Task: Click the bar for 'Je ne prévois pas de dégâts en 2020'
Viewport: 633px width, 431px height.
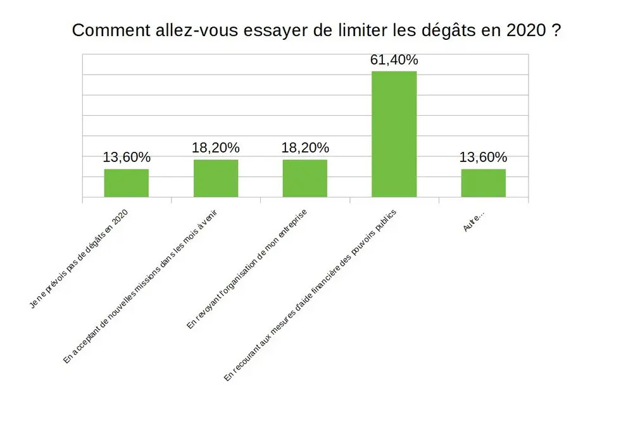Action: (127, 183)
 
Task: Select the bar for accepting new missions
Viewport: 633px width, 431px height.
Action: (216, 178)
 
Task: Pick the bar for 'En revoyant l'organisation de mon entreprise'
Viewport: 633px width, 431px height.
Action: (305, 178)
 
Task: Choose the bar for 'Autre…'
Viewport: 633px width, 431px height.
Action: (483, 183)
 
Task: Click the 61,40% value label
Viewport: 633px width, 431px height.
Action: (394, 60)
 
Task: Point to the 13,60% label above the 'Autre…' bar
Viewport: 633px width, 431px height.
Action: (483, 158)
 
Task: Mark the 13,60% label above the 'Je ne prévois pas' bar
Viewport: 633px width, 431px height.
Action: (127, 158)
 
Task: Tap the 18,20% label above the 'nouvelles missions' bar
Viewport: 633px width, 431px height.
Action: (216, 148)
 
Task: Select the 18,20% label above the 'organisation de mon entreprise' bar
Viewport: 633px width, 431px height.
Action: (305, 148)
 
